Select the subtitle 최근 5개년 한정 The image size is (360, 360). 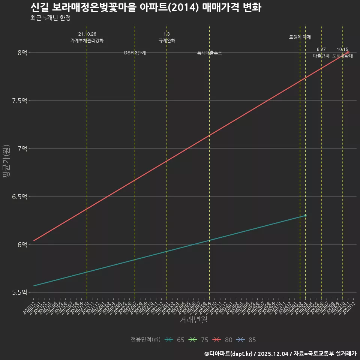click(50, 18)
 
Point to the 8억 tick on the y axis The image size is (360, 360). click(22, 52)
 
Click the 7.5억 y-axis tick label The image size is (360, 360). click(19, 100)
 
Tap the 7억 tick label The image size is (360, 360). click(22, 148)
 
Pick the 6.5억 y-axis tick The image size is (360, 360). click(19, 196)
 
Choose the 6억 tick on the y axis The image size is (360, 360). click(22, 244)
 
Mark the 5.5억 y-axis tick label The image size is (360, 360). click(19, 292)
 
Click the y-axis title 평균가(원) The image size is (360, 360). click(6, 162)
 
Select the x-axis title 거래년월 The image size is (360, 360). click(193, 320)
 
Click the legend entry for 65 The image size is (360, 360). click(175, 340)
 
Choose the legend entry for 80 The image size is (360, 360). click(223, 340)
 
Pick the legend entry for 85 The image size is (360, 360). click(247, 340)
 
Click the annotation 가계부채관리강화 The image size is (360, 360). click(87, 40)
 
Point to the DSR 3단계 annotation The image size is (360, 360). click(135, 53)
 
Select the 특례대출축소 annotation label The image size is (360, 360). click(210, 53)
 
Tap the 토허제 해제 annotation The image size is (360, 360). click(300, 37)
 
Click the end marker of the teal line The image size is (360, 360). click(305, 215)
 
